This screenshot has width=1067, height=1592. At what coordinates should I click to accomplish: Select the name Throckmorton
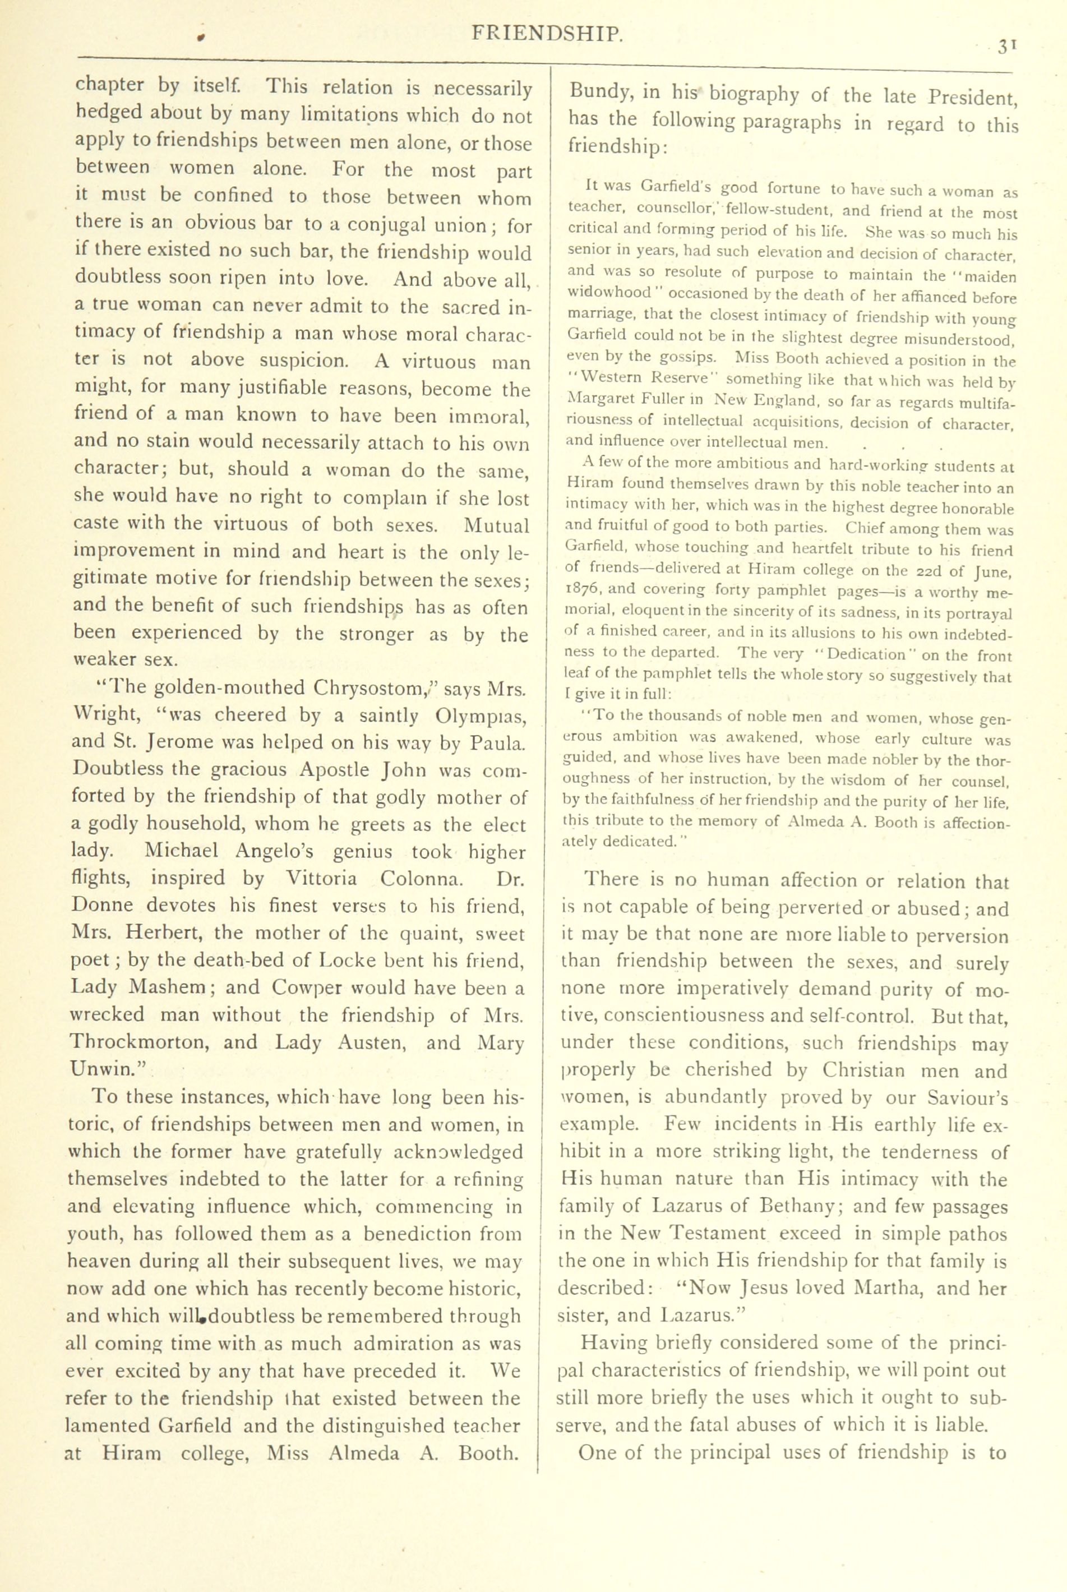(x=136, y=1042)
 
